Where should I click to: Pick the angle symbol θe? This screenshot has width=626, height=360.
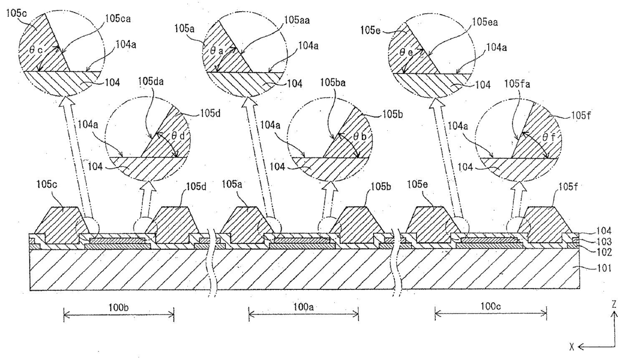click(405, 51)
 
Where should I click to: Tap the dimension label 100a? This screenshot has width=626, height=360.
click(303, 307)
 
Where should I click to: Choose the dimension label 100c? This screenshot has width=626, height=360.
click(490, 307)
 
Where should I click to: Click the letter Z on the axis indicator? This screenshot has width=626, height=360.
click(614, 304)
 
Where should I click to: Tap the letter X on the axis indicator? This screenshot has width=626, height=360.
click(572, 346)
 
